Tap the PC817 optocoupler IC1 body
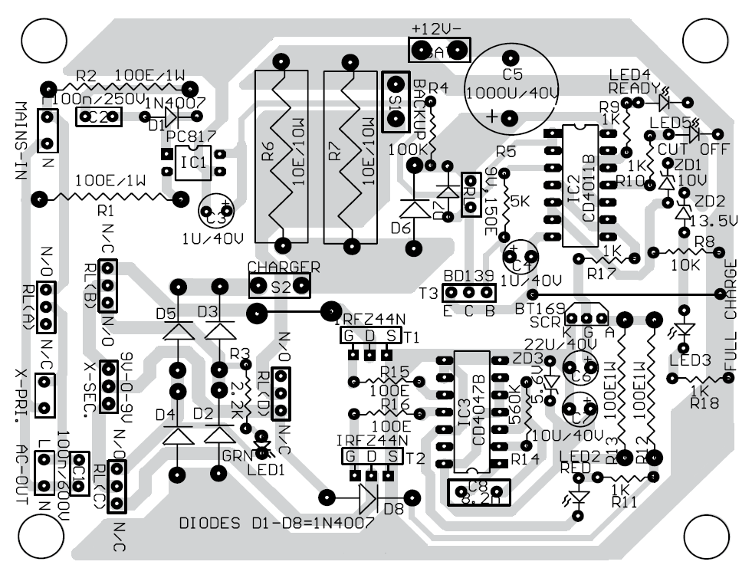[x=194, y=163]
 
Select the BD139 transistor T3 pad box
[x=469, y=293]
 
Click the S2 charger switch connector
[x=280, y=287]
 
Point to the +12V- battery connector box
[x=439, y=50]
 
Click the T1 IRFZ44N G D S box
[x=370, y=336]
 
